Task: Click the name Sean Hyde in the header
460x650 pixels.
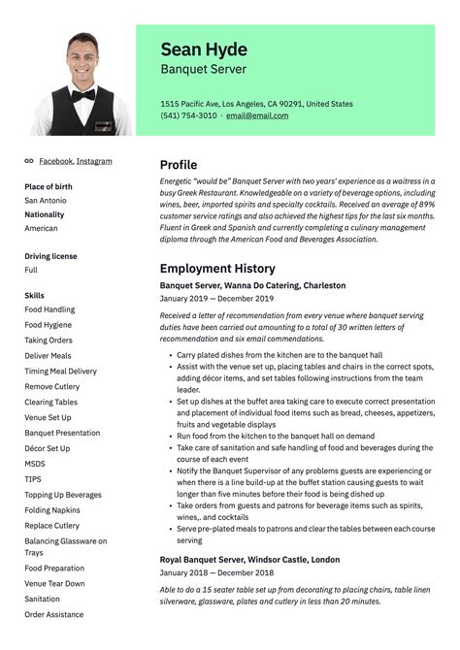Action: tap(204, 49)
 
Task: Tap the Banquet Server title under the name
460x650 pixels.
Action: tap(203, 70)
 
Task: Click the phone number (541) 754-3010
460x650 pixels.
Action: tap(188, 115)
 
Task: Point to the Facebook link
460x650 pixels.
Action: tap(55, 161)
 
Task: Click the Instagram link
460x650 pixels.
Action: tap(94, 161)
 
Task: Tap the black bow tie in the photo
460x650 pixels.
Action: tap(82, 95)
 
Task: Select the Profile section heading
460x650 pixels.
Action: tap(179, 165)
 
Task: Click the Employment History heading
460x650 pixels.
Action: tap(217, 268)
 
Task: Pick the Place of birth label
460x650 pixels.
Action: tap(49, 186)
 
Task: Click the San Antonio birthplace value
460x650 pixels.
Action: tap(46, 201)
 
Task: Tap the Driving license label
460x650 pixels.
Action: tap(50, 256)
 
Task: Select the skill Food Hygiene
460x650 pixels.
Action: tap(49, 325)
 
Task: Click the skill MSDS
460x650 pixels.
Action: tap(35, 464)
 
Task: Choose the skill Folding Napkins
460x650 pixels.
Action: tap(52, 510)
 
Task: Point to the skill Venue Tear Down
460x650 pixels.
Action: tap(54, 584)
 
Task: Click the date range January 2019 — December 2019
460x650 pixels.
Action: tap(216, 299)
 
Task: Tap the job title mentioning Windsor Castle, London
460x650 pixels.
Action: tap(249, 560)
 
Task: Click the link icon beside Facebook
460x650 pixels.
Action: tap(29, 161)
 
